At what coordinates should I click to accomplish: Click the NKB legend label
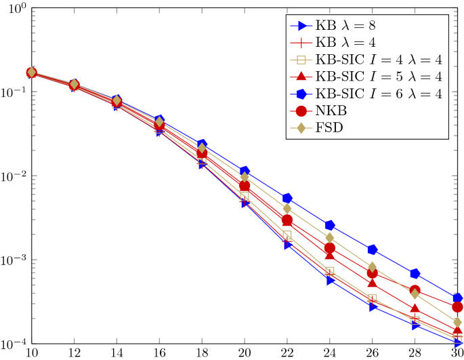tap(331, 111)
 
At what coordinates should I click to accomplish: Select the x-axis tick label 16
tap(159, 353)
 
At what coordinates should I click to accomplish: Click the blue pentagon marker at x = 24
tap(330, 225)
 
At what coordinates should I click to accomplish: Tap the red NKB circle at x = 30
tap(458, 307)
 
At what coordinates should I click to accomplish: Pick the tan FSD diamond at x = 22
tap(287, 209)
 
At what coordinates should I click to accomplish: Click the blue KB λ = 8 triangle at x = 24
tap(330, 280)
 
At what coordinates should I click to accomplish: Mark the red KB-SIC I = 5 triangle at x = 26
tap(373, 282)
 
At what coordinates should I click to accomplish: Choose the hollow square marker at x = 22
tap(287, 235)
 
